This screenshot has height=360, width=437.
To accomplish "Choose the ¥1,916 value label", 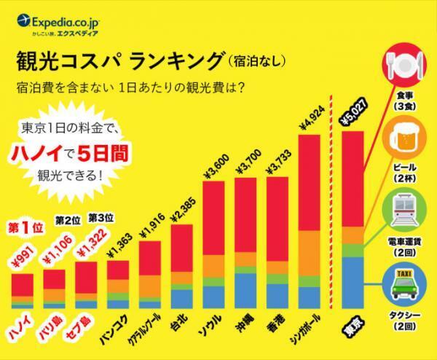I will tap(149, 226).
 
